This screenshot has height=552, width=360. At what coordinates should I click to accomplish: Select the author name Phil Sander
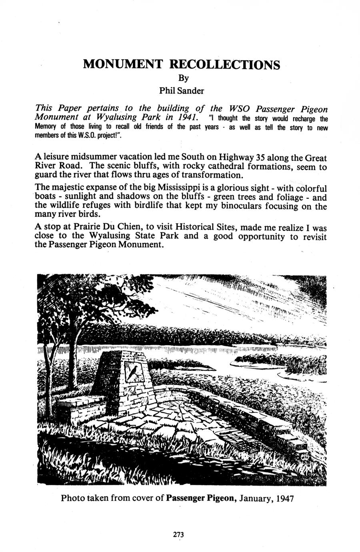(x=182, y=91)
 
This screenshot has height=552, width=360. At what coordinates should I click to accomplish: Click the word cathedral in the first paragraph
(x=226, y=166)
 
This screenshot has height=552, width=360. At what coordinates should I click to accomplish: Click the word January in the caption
(x=256, y=499)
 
